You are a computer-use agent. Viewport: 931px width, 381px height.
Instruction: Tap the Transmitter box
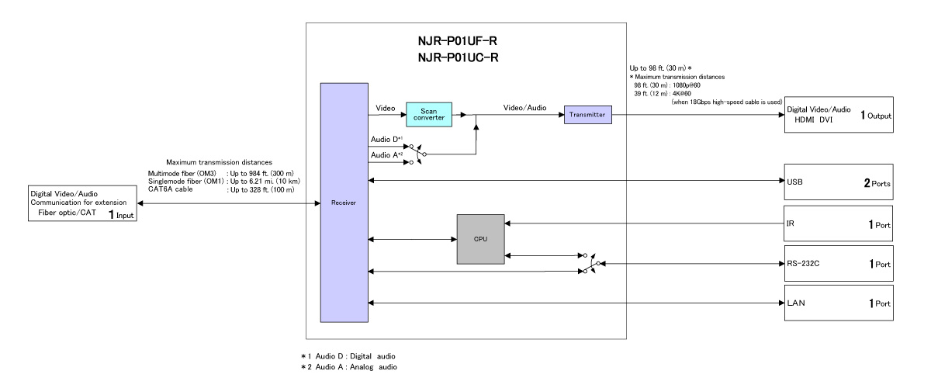(588, 115)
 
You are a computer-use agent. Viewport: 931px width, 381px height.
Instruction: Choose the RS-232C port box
(839, 264)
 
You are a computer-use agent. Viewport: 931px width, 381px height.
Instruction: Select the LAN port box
(839, 303)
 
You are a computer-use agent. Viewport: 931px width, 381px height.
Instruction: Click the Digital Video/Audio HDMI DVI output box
(839, 116)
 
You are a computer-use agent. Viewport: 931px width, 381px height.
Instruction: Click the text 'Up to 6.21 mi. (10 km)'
(266, 180)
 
